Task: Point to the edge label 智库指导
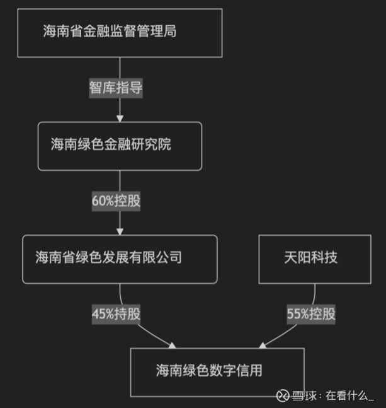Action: pos(116,88)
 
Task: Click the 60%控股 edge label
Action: pos(116,201)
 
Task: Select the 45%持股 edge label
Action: pos(116,314)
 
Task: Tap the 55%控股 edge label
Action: pos(311,314)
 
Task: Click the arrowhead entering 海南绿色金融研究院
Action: pos(120,119)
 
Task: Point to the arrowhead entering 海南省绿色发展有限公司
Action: pos(120,231)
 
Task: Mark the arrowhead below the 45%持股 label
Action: pos(173,346)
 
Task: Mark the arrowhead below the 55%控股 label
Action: pos(263,346)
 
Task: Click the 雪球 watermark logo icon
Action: pos(283,396)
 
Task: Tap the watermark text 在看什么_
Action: pos(349,396)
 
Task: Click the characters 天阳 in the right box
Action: pos(297,258)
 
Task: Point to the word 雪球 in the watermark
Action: pos(304,396)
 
